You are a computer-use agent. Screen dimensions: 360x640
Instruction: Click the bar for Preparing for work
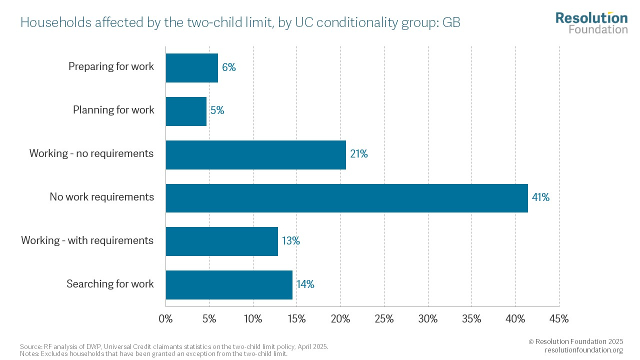(191, 68)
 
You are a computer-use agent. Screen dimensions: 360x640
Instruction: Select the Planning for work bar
(186, 111)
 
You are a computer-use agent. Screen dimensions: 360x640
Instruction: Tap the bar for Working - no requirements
(255, 154)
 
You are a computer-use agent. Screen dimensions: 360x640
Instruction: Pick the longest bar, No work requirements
(346, 198)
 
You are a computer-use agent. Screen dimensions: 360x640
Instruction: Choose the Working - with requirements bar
(221, 241)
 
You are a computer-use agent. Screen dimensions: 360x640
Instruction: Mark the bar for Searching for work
(229, 285)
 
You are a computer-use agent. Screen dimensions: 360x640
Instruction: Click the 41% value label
(540, 197)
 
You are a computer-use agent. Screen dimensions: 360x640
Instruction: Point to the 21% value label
(359, 154)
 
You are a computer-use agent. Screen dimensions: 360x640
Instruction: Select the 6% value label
(229, 67)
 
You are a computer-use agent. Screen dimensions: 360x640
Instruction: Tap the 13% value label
(290, 241)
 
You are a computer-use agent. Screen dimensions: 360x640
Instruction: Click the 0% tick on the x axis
(165, 319)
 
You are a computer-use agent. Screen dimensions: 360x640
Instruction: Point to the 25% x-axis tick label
(384, 319)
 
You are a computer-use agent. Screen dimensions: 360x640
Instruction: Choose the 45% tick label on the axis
(559, 319)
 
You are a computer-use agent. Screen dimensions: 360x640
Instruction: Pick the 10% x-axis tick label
(253, 319)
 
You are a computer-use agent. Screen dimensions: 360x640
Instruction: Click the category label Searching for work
(110, 284)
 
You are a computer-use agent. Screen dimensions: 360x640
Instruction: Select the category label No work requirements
(101, 197)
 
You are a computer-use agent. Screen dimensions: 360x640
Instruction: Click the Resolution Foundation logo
(591, 22)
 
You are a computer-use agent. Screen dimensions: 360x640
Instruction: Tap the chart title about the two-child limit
(240, 22)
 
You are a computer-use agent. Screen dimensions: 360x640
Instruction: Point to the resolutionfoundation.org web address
(584, 350)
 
